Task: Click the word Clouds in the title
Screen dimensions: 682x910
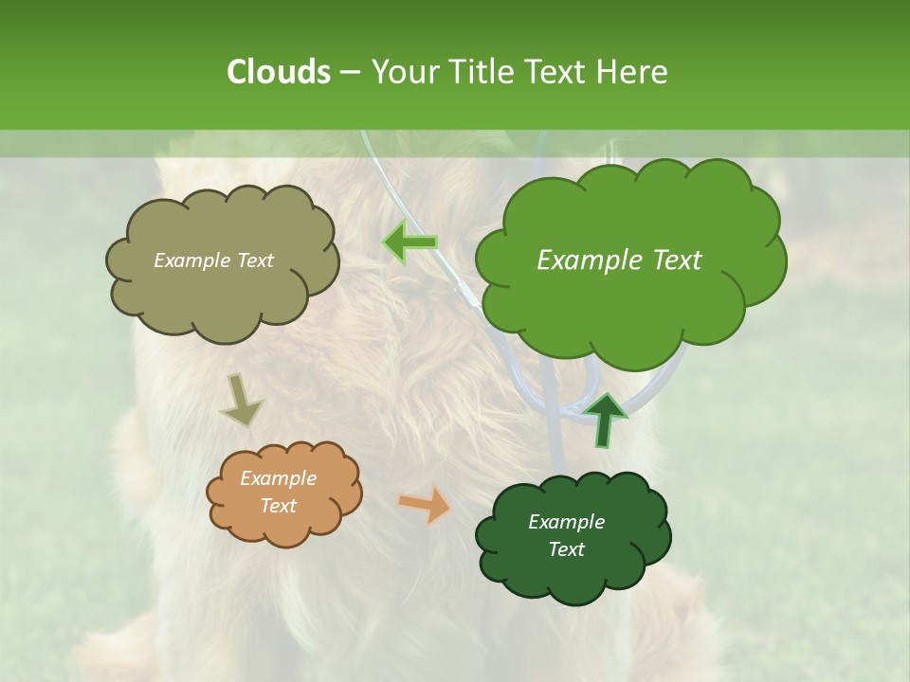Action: [278, 71]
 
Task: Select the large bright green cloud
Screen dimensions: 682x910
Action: [630, 303]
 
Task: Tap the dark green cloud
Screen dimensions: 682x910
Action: [573, 578]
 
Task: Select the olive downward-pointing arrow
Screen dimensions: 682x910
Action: [240, 401]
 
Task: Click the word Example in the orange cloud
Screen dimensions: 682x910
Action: [279, 478]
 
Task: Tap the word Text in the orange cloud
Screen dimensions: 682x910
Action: [279, 506]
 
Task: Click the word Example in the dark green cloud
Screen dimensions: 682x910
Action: [566, 522]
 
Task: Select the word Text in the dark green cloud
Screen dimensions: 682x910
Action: [566, 549]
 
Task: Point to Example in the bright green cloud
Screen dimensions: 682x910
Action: [581, 260]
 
